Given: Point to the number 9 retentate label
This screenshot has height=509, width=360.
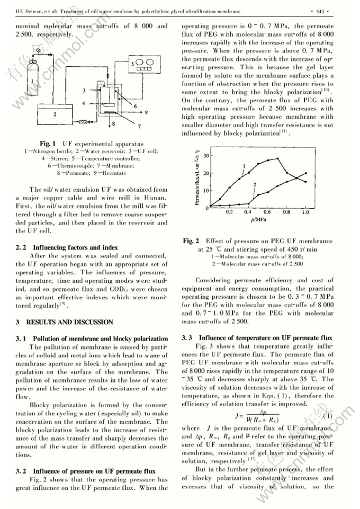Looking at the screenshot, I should click(146, 112).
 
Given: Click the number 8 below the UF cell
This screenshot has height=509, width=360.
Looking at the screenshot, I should click(113, 123).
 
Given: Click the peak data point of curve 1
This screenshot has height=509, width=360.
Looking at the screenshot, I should click(277, 158).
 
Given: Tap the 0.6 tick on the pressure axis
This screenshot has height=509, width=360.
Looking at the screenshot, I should click(267, 211).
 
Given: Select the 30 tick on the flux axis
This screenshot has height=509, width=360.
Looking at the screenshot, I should click(207, 155).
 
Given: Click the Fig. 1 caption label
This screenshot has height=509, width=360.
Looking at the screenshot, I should click(48, 144).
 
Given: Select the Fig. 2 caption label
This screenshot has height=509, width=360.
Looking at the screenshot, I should click(191, 241).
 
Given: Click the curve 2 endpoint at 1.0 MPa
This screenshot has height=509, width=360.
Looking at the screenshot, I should click(306, 173).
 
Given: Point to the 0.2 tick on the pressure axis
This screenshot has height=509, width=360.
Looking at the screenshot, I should click(229, 211).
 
